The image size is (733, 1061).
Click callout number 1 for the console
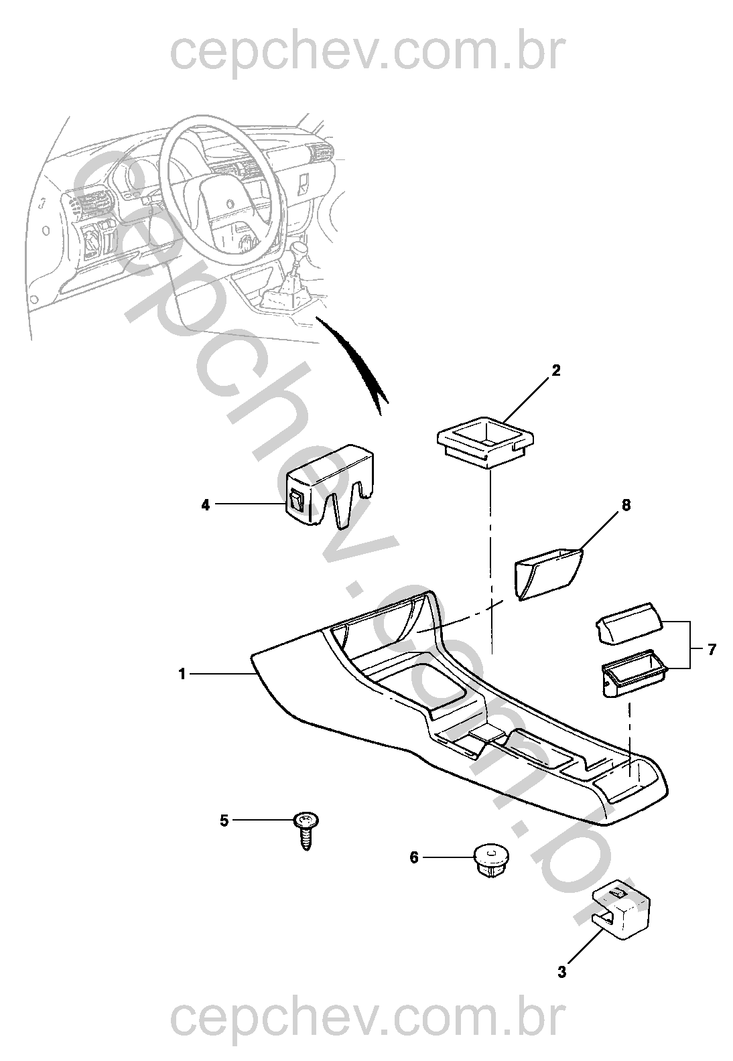[x=182, y=674]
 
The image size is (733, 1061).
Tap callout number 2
[x=556, y=370]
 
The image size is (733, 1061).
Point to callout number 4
[x=205, y=505]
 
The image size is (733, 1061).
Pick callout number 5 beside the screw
[x=224, y=820]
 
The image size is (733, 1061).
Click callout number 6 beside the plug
[x=414, y=857]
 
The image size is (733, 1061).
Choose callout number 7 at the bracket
[x=712, y=650]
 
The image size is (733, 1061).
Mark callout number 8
[x=626, y=506]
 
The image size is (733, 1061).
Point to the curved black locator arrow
[x=353, y=362]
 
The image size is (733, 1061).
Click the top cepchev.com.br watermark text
[x=368, y=53]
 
